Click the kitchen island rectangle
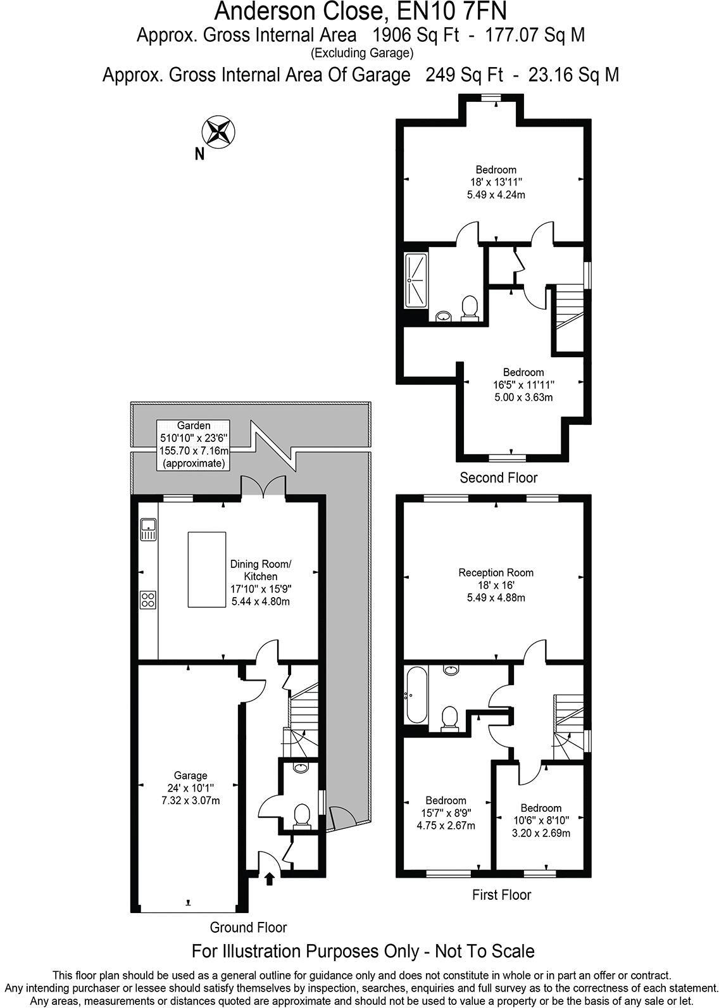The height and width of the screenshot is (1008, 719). pos(206,569)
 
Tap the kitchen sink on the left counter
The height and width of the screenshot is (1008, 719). pos(148,529)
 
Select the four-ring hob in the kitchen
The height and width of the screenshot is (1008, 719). pos(148,599)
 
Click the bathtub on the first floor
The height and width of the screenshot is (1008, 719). pos(416,695)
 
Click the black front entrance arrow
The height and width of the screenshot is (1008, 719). pos(270,878)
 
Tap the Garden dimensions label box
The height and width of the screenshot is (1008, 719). pos(193,444)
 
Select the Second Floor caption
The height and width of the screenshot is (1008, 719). pos(498,477)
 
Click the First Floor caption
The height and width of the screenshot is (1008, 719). pos(501,895)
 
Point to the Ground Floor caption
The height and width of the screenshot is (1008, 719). pos(248,928)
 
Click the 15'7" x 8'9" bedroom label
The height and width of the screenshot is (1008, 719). pos(446,812)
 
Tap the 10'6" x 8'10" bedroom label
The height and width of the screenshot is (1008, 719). pos(541,820)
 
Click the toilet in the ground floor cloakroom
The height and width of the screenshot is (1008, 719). pos(303,816)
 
